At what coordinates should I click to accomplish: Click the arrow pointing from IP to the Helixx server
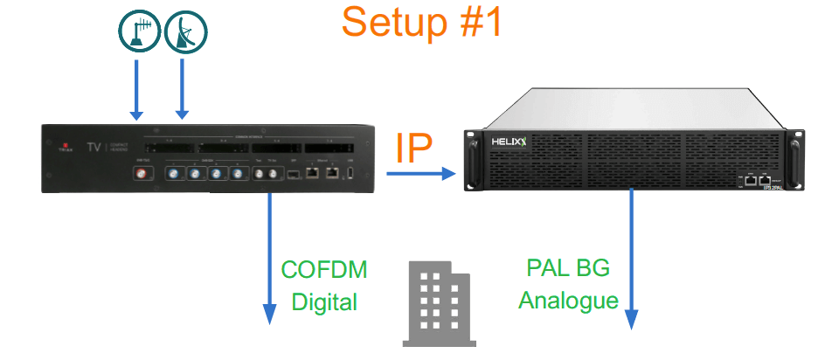click(x=422, y=175)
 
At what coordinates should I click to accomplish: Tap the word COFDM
click(x=323, y=269)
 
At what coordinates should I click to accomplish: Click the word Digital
click(x=324, y=302)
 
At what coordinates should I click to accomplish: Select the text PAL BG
click(x=568, y=267)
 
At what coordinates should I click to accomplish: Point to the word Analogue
click(x=568, y=300)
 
